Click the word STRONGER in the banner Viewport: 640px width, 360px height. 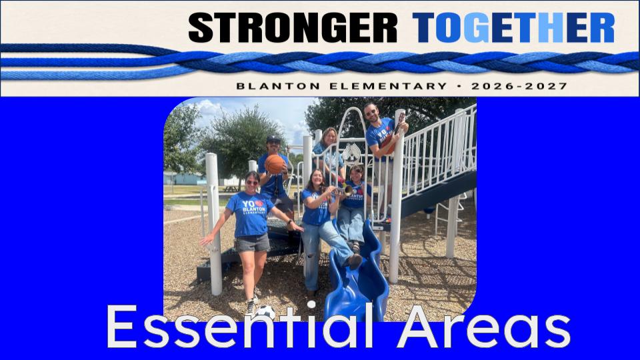point(293,27)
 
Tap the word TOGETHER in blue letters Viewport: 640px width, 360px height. point(513,27)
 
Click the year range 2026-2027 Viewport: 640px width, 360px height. point(519,86)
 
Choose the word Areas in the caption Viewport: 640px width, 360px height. point(484,327)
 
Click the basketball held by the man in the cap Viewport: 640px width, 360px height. point(274,164)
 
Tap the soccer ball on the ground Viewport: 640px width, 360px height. point(266,312)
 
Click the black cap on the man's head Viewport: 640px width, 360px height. point(273,139)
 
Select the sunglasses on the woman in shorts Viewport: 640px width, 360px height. point(252,183)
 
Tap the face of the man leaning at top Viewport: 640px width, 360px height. point(371,113)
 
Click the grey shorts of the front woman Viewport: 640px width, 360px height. point(252,243)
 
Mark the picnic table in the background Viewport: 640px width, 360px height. point(231,189)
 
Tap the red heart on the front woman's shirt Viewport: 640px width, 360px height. point(259,203)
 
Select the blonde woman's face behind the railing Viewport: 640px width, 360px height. point(329,137)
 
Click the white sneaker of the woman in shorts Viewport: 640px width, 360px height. point(250,306)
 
